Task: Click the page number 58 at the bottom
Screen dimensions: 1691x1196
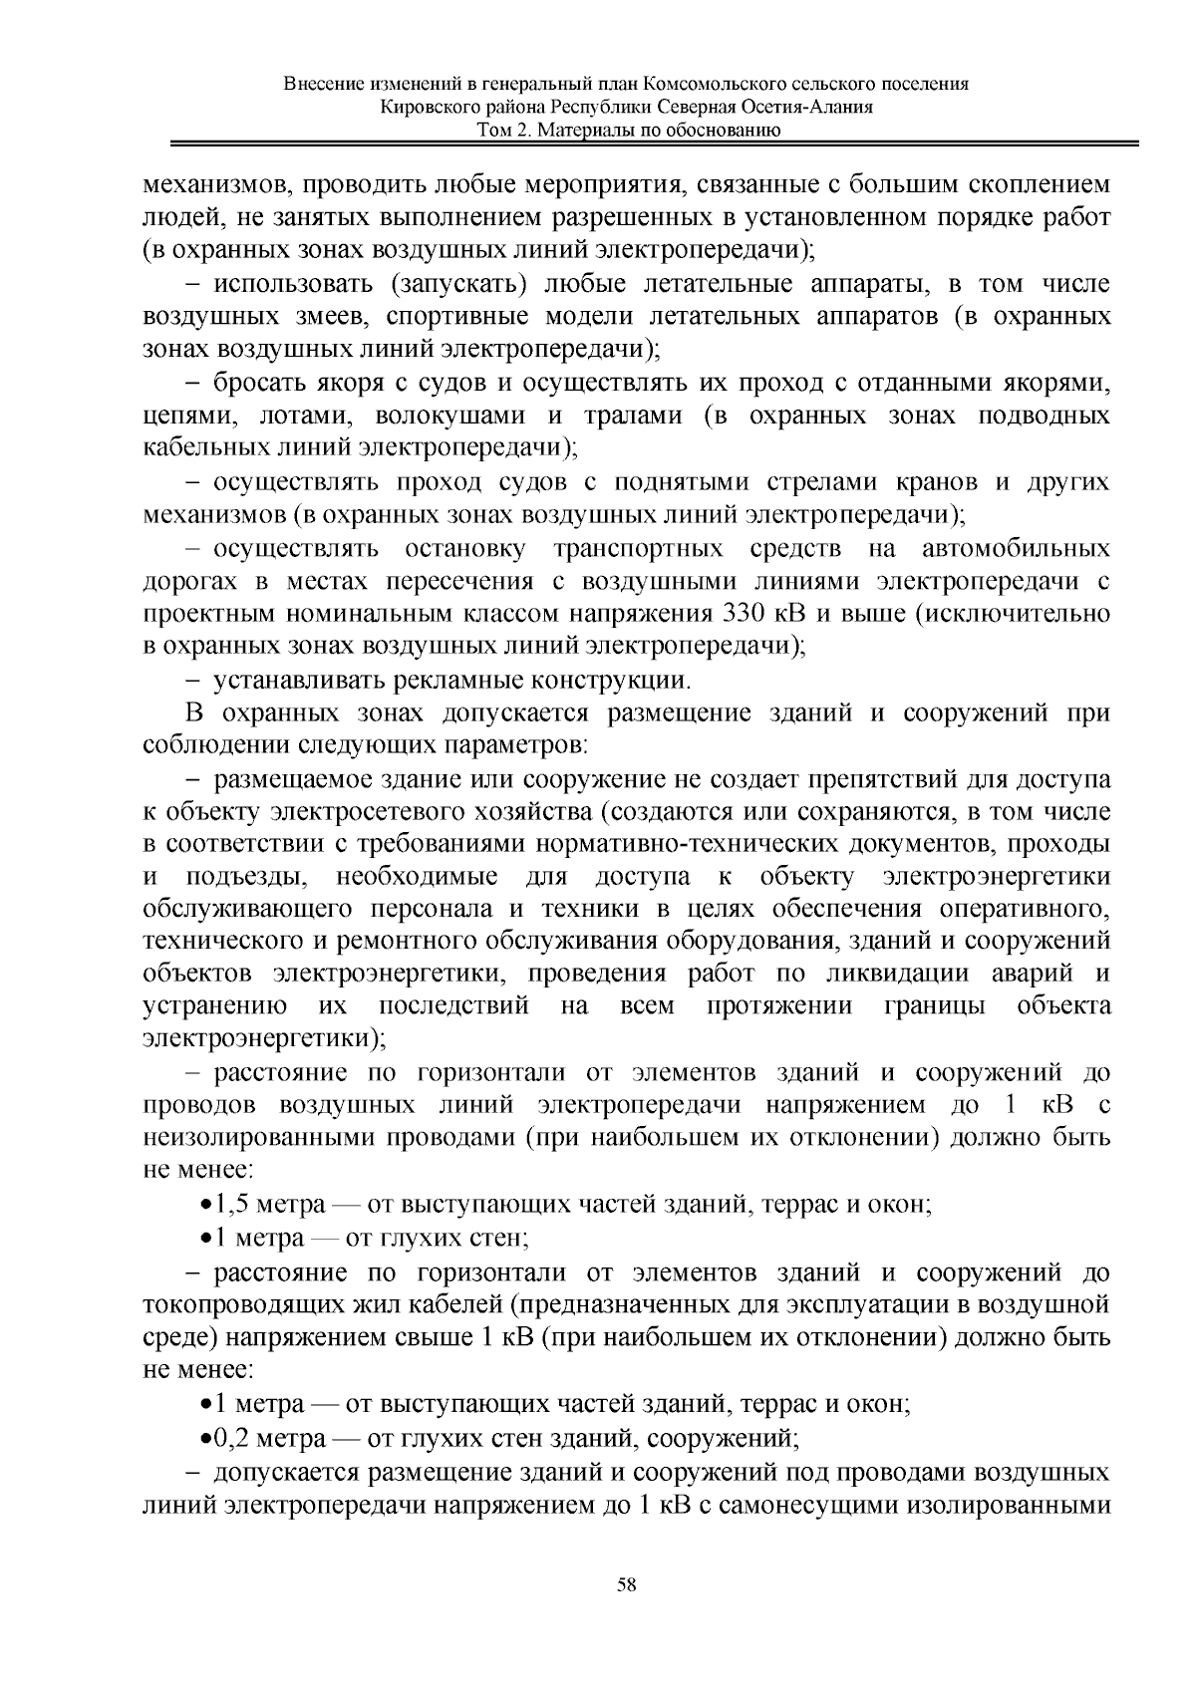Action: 626,1584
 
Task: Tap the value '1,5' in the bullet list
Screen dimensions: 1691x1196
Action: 224,1205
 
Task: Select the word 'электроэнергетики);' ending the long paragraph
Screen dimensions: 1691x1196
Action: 264,1039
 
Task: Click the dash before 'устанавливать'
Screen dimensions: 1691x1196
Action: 192,682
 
